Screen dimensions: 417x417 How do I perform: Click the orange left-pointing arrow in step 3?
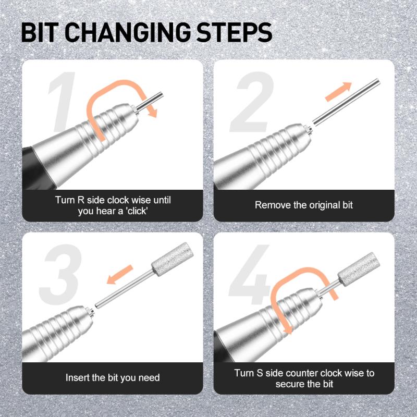point(119,278)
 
